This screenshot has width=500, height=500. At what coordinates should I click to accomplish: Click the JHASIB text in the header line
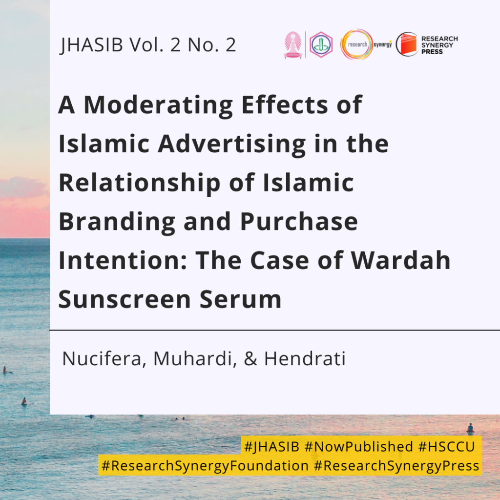pyautogui.click(x=91, y=44)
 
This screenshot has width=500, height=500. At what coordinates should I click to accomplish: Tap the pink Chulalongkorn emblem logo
pyautogui.click(x=293, y=45)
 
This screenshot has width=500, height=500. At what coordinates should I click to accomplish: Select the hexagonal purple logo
pyautogui.click(x=321, y=44)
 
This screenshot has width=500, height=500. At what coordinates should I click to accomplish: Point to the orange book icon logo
pyautogui.click(x=407, y=44)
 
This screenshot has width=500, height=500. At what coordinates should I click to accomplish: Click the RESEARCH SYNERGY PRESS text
pyautogui.click(x=439, y=45)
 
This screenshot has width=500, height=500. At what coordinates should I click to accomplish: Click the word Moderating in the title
pyautogui.click(x=159, y=105)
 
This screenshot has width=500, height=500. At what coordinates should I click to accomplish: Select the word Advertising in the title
pyautogui.click(x=232, y=144)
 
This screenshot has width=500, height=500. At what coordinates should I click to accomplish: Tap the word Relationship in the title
pyautogui.click(x=140, y=183)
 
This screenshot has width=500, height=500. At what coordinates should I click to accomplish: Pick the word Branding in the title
pyautogui.click(x=117, y=222)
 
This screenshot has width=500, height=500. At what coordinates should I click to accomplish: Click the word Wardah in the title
pyautogui.click(x=400, y=261)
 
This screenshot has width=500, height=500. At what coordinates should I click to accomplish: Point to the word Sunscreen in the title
pyautogui.click(x=125, y=300)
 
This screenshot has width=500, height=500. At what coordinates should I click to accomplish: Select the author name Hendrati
pyautogui.click(x=305, y=358)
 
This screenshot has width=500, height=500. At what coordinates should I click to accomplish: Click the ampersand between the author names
pyautogui.click(x=250, y=359)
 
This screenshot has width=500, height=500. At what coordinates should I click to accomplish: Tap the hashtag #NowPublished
pyautogui.click(x=359, y=446)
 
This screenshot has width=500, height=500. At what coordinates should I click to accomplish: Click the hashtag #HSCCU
pyautogui.click(x=447, y=446)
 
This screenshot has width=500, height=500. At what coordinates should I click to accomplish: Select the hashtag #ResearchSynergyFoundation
pyautogui.click(x=205, y=465)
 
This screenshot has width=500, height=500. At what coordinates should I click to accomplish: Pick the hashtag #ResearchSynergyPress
pyautogui.click(x=396, y=465)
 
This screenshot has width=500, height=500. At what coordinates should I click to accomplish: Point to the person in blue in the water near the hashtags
pyautogui.click(x=470, y=428)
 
